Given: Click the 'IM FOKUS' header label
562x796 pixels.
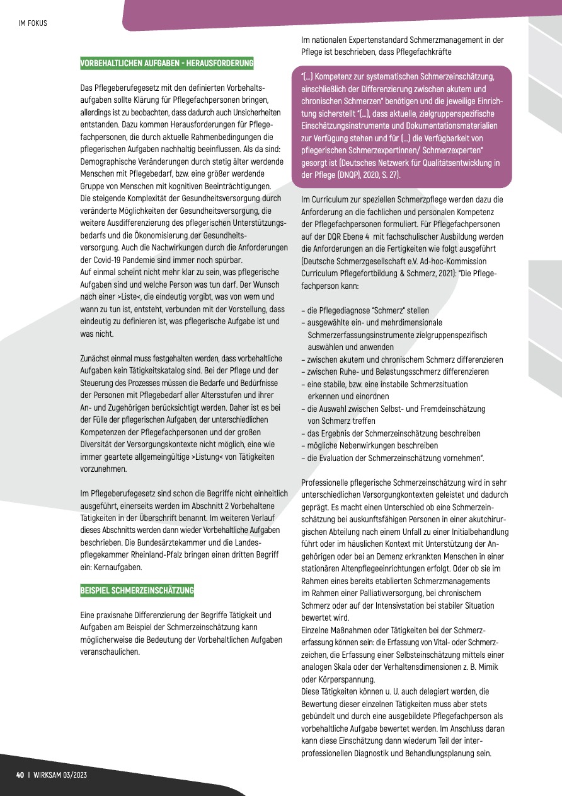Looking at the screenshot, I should coord(33,23).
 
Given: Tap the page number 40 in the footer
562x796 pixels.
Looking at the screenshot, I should coord(20,774).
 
